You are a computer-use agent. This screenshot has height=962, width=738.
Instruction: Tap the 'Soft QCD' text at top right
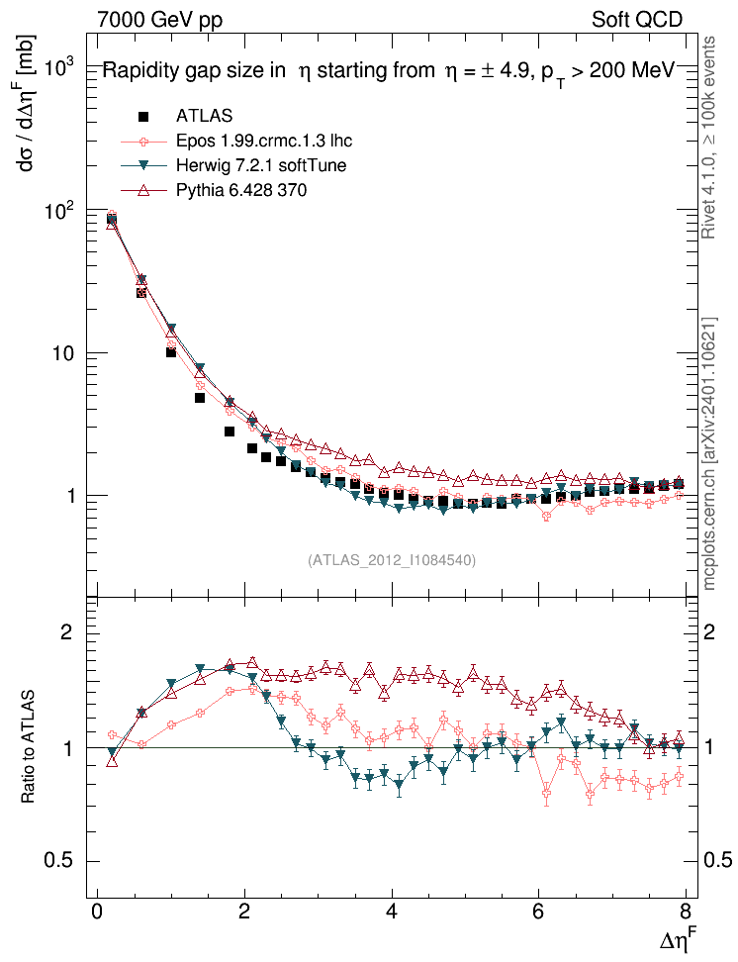tap(637, 19)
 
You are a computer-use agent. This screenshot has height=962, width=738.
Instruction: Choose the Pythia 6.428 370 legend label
tap(241, 190)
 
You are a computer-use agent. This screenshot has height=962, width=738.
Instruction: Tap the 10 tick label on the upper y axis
tap(65, 353)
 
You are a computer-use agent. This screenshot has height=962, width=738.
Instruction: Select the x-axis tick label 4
tap(392, 912)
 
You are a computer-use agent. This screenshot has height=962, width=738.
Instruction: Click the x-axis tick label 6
tap(539, 912)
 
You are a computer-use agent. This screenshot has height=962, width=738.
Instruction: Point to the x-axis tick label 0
tap(97, 912)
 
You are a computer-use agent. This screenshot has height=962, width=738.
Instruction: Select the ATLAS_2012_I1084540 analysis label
tap(392, 560)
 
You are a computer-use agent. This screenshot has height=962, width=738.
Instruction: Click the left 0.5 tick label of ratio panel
tap(61, 860)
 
